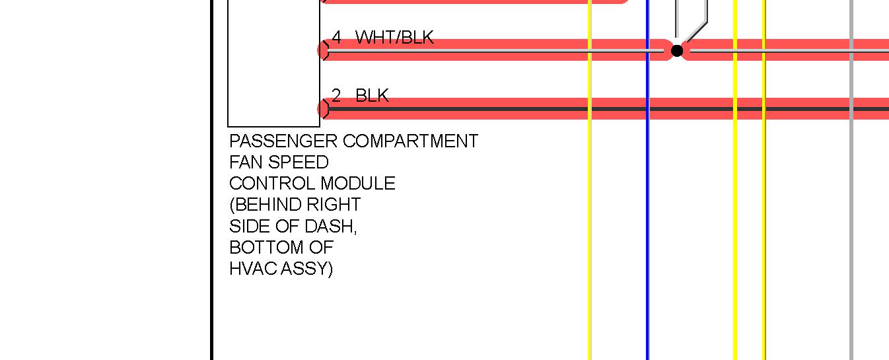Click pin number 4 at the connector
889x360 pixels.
[x=336, y=38]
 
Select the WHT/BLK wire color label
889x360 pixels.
[x=394, y=38]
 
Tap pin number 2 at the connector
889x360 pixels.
[x=336, y=96]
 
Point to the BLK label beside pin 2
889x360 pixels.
[x=372, y=96]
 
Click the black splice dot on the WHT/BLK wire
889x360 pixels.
[x=677, y=50]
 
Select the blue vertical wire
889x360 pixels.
[x=647, y=231]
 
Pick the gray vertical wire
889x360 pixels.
[x=851, y=231]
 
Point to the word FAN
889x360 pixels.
[x=246, y=162]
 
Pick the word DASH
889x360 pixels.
[x=330, y=226]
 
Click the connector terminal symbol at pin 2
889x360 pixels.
[x=323, y=109]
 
